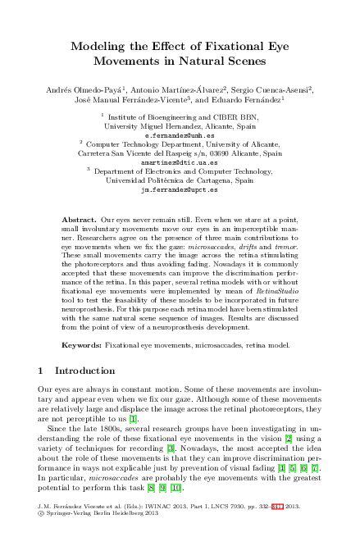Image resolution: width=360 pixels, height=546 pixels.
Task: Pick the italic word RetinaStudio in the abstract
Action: tap(253, 288)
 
